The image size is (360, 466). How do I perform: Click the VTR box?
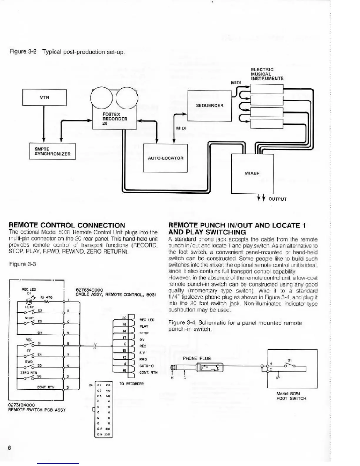point(44,97)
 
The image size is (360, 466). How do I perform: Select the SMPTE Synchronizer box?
point(52,152)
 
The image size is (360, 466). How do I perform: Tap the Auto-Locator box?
point(165,158)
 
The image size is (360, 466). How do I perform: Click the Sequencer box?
point(209,106)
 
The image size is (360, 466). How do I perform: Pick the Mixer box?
point(252,174)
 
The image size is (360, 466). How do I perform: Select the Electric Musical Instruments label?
point(267,74)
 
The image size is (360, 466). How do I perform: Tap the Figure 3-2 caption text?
point(67,52)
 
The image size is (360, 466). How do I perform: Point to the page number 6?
point(9,448)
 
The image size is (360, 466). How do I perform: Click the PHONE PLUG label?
point(197,358)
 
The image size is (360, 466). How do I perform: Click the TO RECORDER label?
point(131,384)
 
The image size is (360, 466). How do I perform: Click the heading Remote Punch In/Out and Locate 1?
point(237,229)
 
